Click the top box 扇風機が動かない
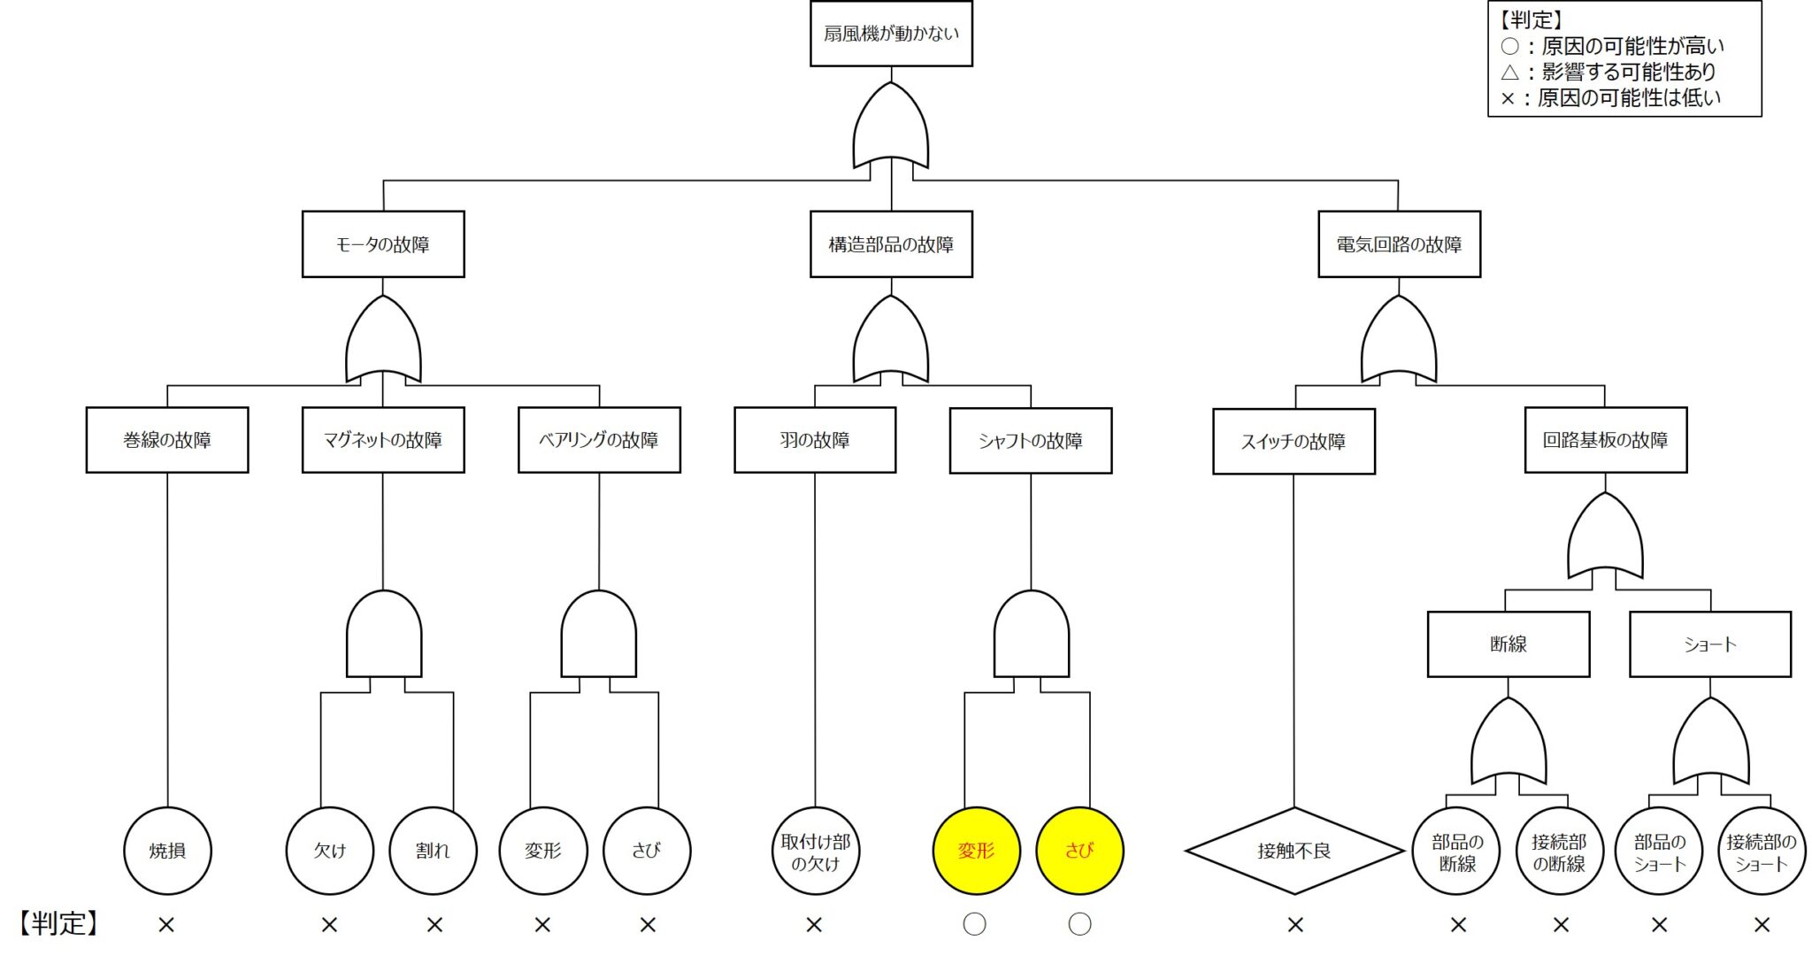tap(891, 34)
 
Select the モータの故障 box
tap(383, 244)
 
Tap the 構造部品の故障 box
tap(891, 244)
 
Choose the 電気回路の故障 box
tap(1399, 244)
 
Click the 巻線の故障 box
tap(167, 440)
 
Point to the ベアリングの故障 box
tap(599, 440)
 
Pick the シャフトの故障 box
tap(1031, 441)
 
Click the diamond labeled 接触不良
tap(1294, 851)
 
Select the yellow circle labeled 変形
tap(976, 851)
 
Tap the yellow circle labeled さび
tap(1079, 851)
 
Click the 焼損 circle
tap(167, 851)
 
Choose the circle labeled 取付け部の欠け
tap(815, 851)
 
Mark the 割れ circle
tap(433, 851)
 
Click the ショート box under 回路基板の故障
tap(1710, 644)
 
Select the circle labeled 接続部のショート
tap(1762, 851)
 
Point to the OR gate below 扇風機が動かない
tap(891, 128)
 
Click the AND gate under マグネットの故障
tap(383, 636)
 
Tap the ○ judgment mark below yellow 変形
tap(974, 924)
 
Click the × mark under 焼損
tap(166, 925)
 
